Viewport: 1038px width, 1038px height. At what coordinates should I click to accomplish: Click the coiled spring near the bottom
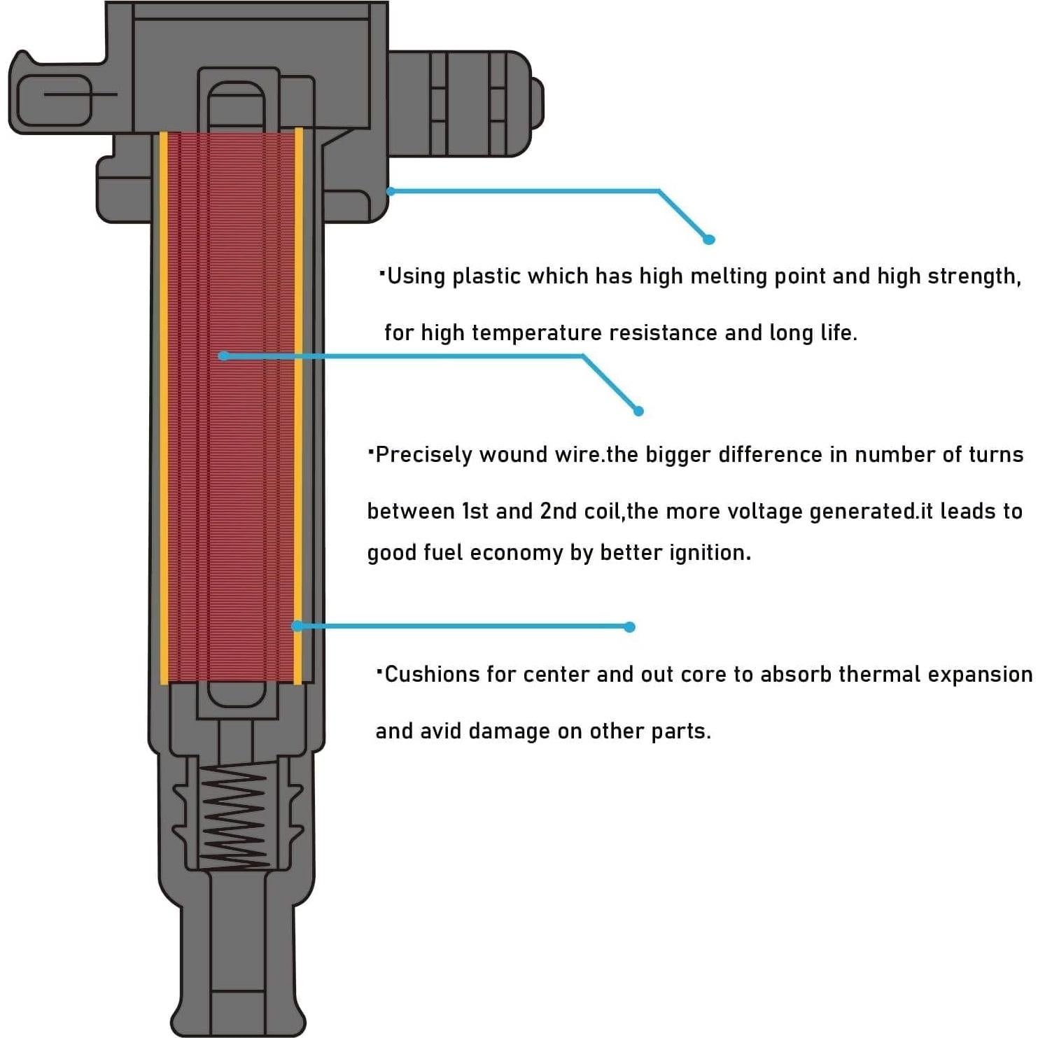tap(233, 817)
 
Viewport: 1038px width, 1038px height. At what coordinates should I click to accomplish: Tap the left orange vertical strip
tap(164, 406)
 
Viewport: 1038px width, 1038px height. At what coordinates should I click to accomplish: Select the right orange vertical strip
tap(299, 406)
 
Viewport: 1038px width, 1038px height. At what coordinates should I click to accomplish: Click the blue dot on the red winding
tap(223, 356)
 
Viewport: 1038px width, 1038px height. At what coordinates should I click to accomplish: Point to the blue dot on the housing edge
tap(391, 191)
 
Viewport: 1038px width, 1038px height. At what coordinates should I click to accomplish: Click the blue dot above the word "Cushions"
tap(630, 627)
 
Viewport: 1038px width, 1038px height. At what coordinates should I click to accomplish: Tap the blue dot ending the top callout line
tap(709, 239)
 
